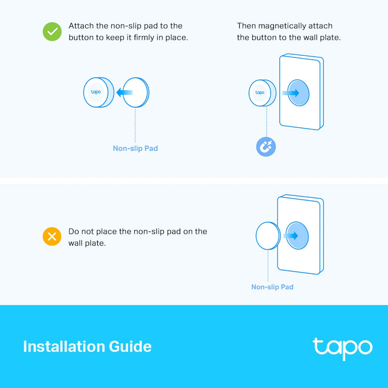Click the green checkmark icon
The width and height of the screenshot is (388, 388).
(x=51, y=32)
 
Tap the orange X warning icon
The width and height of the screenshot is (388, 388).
(x=51, y=237)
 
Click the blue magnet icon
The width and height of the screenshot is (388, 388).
(x=266, y=146)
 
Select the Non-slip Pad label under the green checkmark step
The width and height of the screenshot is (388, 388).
(x=135, y=148)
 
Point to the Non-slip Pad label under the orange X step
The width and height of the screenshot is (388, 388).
(x=272, y=287)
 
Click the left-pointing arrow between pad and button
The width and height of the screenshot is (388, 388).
(x=124, y=92)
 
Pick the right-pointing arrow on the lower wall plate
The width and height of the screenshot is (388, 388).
(x=291, y=236)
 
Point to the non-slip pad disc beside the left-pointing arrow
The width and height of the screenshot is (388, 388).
(x=137, y=92)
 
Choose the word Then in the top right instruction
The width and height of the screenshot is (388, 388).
(x=246, y=26)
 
